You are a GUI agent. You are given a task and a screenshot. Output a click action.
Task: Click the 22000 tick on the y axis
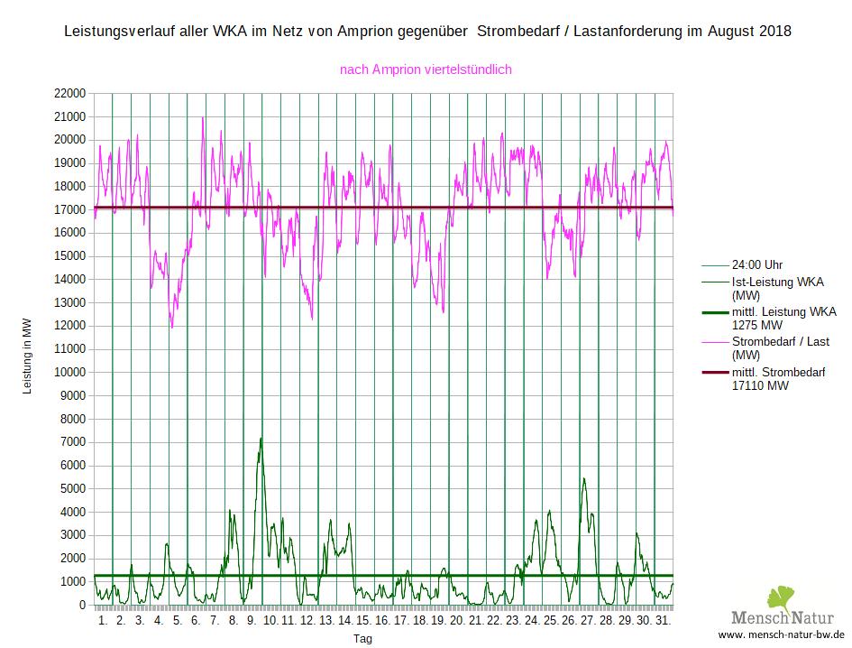click(70, 93)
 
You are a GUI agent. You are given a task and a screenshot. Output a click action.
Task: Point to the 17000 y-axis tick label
click(70, 209)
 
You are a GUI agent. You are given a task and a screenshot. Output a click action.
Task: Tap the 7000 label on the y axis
click(74, 442)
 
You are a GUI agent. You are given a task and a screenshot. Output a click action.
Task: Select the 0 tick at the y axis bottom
click(82, 606)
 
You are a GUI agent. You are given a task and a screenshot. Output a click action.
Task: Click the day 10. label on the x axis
click(270, 621)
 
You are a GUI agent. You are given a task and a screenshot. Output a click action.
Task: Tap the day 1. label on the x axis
click(102, 621)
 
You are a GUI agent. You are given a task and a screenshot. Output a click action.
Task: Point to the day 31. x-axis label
click(662, 621)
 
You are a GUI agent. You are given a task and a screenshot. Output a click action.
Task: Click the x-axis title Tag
click(362, 638)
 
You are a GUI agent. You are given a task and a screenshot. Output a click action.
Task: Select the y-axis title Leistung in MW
click(27, 358)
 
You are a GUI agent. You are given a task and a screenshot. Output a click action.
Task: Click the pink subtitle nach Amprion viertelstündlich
click(426, 69)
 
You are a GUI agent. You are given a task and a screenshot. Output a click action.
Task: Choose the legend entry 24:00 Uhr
click(757, 265)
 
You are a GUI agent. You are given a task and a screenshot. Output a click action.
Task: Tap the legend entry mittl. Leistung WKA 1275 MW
click(783, 318)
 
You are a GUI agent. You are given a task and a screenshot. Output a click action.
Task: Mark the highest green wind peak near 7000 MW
click(261, 439)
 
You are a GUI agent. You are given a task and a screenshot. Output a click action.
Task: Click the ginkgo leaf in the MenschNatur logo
click(781, 598)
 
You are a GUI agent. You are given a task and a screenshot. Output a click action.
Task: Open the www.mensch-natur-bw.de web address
click(781, 634)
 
